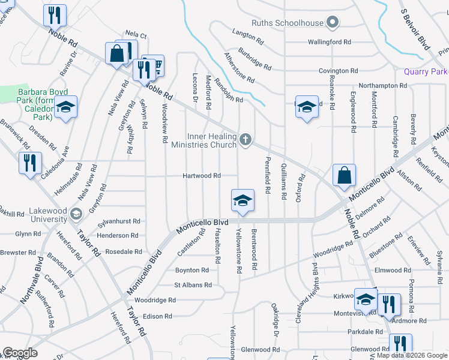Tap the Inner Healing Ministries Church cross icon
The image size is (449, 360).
tap(245, 140)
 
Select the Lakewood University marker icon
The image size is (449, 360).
tap(76, 214)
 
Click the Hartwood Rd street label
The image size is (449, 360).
tap(202, 176)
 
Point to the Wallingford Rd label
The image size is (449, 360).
tap(329, 42)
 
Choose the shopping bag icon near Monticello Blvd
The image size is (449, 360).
tap(344, 176)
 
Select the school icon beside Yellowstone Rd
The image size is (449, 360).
tap(243, 200)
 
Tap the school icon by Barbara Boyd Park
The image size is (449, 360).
tap(66, 108)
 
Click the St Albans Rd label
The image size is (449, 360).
tap(193, 285)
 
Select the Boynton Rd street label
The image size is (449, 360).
tap(191, 271)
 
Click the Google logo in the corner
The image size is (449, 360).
tap(20, 353)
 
